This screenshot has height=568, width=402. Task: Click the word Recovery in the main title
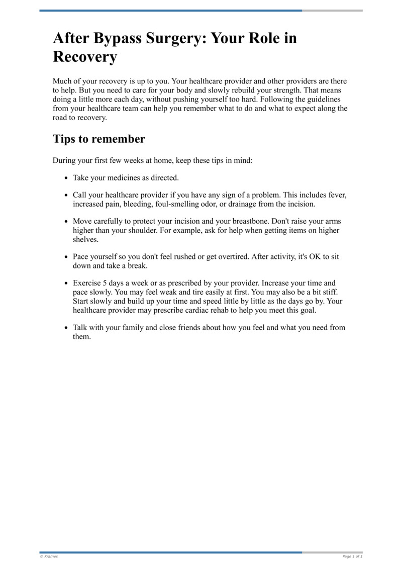point(85,56)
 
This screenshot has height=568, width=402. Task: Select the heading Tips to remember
point(99,139)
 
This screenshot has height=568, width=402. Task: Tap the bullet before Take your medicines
point(66,178)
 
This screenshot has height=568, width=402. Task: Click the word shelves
point(85,239)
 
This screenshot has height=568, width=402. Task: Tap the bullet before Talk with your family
point(66,328)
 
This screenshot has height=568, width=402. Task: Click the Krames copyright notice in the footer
point(49,556)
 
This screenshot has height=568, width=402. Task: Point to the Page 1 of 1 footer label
point(352,556)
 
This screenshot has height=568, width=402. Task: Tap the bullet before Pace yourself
point(66,257)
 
